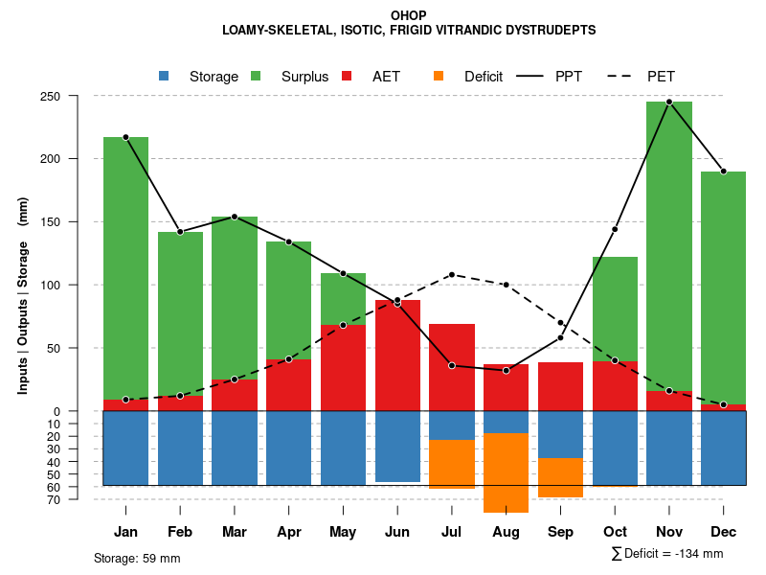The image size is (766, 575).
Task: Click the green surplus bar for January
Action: pos(125,268)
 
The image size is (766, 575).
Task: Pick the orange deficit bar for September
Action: pos(560,477)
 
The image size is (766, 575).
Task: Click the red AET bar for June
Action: pos(397,356)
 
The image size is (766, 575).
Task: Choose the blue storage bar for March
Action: pos(235,448)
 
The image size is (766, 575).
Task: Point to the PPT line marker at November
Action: pos(669,102)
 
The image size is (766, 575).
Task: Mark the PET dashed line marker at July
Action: pos(452,275)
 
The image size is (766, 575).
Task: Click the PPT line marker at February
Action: pos(180,232)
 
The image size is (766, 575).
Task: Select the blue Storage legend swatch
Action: pos(164,76)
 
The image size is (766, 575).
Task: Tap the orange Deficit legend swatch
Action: pos(439,76)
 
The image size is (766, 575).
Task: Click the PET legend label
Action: pos(661,77)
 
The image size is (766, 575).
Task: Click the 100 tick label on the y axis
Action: pos(77,285)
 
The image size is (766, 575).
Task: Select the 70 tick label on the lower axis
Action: pos(80,499)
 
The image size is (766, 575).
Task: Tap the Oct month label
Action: pos(615,532)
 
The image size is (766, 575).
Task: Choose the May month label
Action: pos(343,532)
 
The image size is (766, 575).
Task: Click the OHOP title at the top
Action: pos(409,15)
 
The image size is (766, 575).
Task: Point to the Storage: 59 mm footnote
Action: pos(137,558)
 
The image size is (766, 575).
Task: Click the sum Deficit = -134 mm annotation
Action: pos(666,554)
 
